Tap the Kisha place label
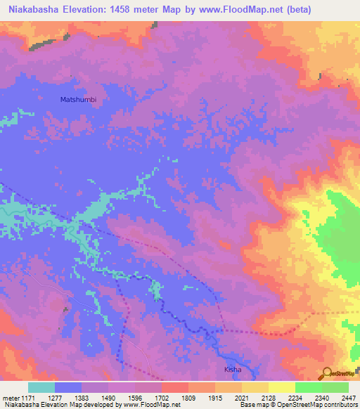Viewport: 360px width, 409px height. [233, 369]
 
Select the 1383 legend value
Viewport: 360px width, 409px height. [95, 398]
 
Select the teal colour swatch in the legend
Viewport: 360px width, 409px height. [41, 387]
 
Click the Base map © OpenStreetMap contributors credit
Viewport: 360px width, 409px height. [298, 405]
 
